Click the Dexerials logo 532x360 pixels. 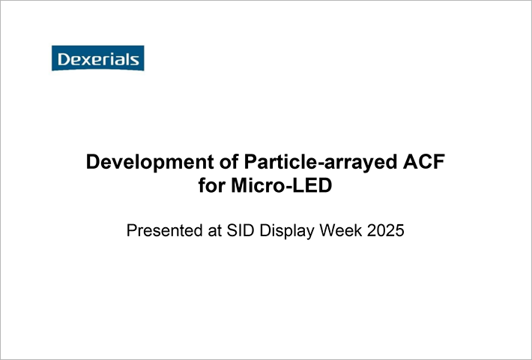pos(97,58)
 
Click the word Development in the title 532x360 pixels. pos(150,162)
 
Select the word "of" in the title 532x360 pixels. pos(229,162)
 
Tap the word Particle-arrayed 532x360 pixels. pos(320,162)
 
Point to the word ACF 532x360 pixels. pos(424,162)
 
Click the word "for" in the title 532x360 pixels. pos(212,185)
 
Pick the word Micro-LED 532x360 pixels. pos(281,185)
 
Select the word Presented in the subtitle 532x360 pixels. pos(164,230)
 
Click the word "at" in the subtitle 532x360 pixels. pos(214,231)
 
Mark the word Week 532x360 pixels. pos(341,230)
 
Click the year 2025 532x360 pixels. pos(386,230)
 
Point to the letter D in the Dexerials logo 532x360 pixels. pos(64,59)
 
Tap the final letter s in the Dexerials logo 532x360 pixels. pos(134,61)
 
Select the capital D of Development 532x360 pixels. pos(93,162)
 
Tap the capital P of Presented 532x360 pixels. pos(131,230)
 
